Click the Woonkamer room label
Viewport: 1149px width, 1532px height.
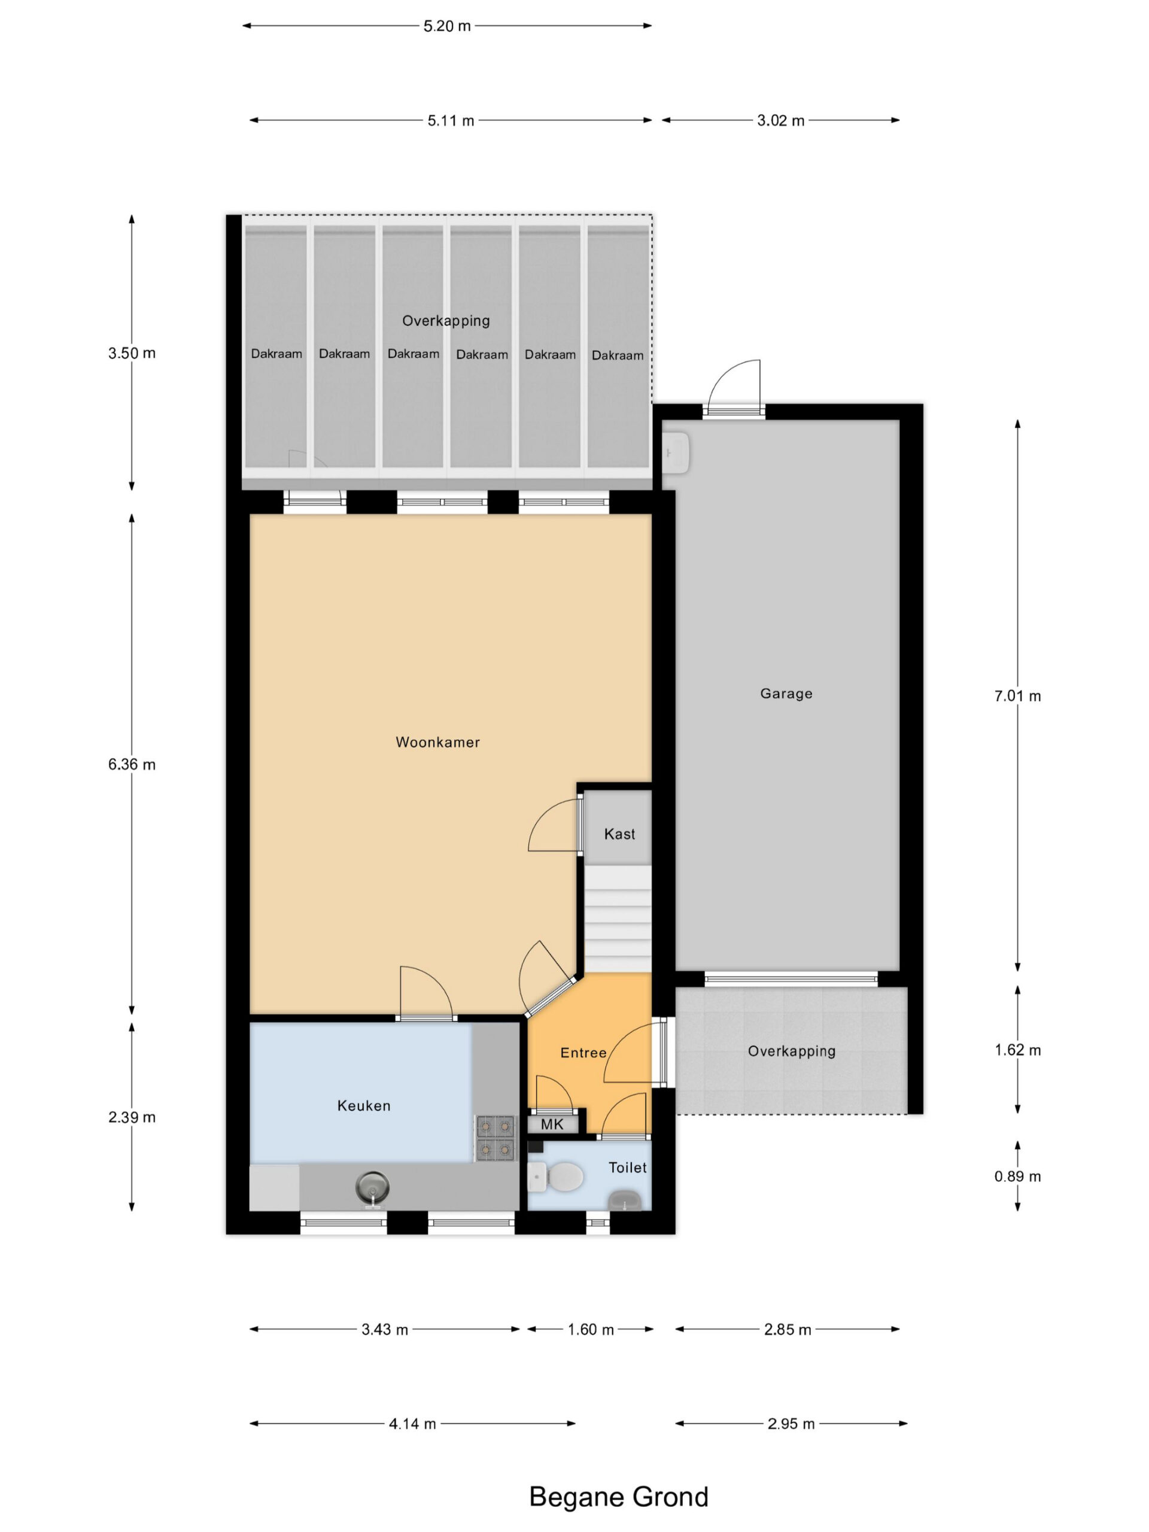pyautogui.click(x=437, y=743)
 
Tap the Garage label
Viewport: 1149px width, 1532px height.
pyautogui.click(x=786, y=693)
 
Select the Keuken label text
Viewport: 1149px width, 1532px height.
pyautogui.click(x=364, y=1106)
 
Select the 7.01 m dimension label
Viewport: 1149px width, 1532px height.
pyautogui.click(x=1017, y=696)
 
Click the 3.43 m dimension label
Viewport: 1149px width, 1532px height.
pyautogui.click(x=384, y=1329)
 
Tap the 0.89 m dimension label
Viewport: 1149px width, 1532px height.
pyautogui.click(x=1017, y=1176)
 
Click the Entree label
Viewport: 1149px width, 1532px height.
pyautogui.click(x=583, y=1053)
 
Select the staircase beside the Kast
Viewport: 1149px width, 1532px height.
pyautogui.click(x=618, y=919)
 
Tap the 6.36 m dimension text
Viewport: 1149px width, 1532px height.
pyautogui.click(x=132, y=765)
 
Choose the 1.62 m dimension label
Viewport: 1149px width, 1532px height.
pyautogui.click(x=1017, y=1050)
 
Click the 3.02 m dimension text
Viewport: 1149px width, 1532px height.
pyautogui.click(x=780, y=120)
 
